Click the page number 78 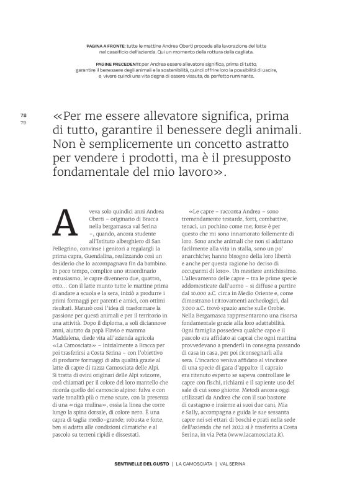click(x=23, y=116)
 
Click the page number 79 click(x=23, y=122)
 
